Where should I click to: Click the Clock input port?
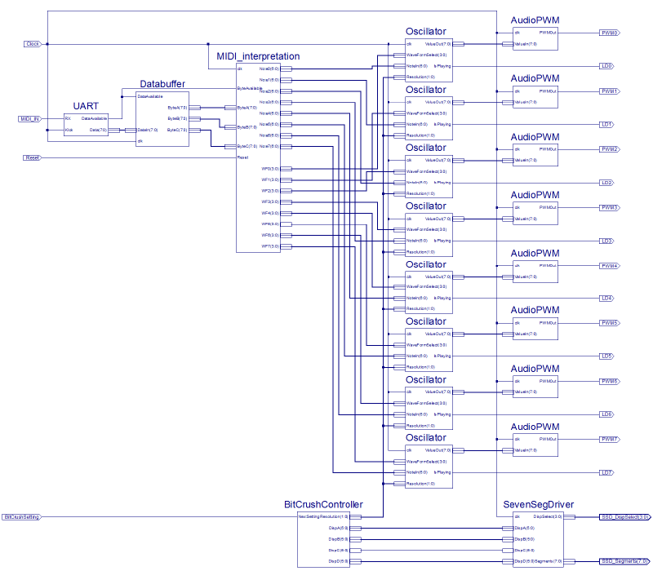point(33,43)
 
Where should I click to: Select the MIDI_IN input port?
point(29,119)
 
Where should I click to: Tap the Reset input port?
point(32,157)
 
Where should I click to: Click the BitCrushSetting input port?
point(21,516)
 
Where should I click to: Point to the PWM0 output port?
point(609,33)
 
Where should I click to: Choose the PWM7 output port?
point(609,439)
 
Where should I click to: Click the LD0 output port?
point(606,65)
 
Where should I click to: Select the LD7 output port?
point(606,473)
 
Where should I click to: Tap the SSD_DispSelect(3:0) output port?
point(624,516)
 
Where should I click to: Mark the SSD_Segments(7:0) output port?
point(624,561)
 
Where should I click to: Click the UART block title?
point(86,106)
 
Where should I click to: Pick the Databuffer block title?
point(162,84)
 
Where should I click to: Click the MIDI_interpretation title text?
point(258,56)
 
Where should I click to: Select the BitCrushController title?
point(322,505)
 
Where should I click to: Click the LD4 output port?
point(606,299)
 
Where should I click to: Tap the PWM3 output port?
point(609,208)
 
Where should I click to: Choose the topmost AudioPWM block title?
point(535,20)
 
